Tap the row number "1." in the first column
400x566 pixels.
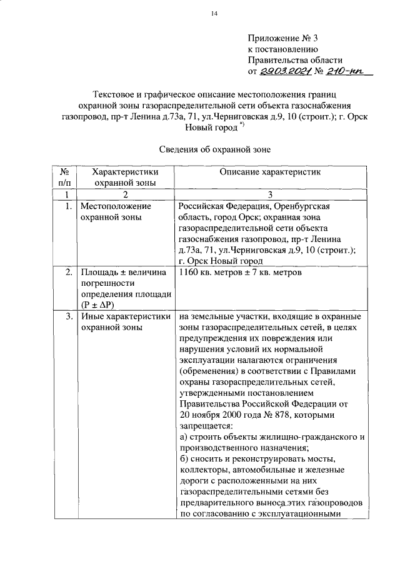coord(67,206)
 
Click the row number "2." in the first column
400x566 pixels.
coord(67,273)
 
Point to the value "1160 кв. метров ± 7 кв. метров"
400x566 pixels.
coord(241,273)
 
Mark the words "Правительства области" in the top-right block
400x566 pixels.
coord(294,60)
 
